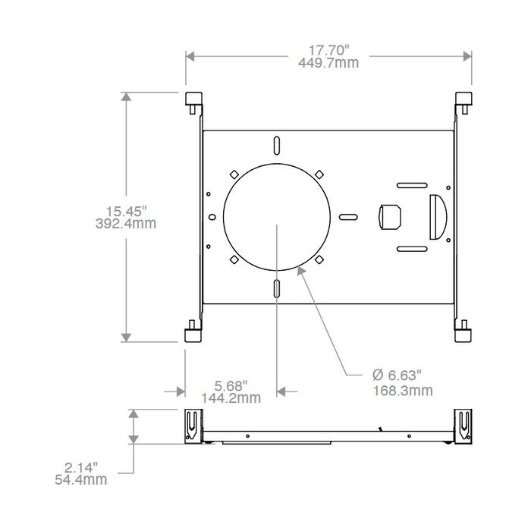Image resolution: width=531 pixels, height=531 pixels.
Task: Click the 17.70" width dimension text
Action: click(329, 50)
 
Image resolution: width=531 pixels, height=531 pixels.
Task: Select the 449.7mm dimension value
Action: click(329, 63)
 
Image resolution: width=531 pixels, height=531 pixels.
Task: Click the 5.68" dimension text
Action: click(231, 385)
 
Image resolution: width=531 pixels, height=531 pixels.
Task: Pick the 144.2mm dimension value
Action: click(231, 397)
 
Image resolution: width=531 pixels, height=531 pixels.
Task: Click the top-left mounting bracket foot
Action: click(193, 101)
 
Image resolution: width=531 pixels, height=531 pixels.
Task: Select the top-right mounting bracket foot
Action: click(463, 101)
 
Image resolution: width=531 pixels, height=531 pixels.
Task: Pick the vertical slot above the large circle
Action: click(278, 145)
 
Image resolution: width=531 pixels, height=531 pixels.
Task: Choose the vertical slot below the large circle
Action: click(278, 289)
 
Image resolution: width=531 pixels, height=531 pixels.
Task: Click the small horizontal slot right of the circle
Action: click(348, 217)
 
